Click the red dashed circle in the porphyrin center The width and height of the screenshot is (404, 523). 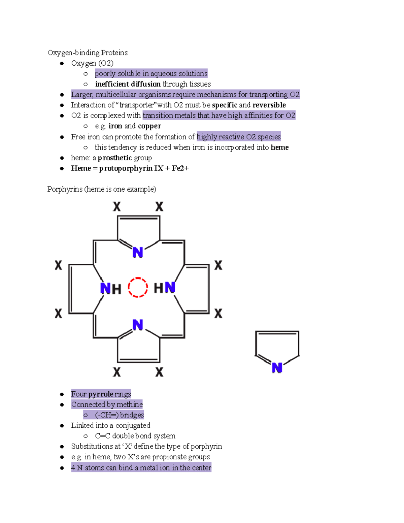pos(138,287)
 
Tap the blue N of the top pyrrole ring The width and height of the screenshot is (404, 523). pos(138,252)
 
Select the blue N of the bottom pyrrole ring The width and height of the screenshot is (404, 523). pos(138,325)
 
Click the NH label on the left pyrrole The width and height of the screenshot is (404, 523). pos(110,289)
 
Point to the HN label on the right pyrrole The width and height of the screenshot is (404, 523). pos(165,288)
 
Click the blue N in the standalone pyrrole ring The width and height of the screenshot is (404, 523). pos(277,367)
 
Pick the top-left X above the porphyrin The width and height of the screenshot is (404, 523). pos(117,206)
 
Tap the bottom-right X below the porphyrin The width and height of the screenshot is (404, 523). pos(159,372)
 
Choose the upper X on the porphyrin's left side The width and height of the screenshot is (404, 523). pos(59,265)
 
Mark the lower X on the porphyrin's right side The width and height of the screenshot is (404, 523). pos(218,314)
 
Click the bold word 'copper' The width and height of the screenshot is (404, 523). pos(149,126)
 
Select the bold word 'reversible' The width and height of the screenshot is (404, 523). pos(269,105)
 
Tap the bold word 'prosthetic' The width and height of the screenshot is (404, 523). pos(115,158)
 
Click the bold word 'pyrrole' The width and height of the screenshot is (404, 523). pos(101,394)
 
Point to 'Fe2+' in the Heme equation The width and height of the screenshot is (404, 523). pos(180,168)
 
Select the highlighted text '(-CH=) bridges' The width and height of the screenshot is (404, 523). pos(119,415)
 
